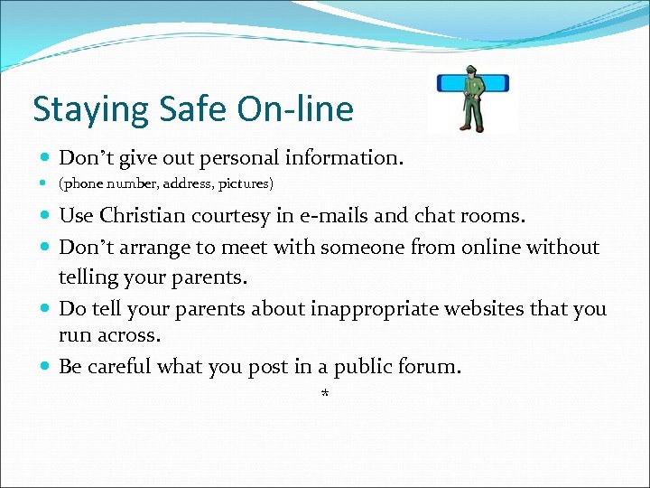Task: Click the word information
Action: pyautogui.click(x=344, y=157)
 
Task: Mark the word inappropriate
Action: pyautogui.click(x=371, y=309)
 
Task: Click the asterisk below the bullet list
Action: pyautogui.click(x=325, y=394)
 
